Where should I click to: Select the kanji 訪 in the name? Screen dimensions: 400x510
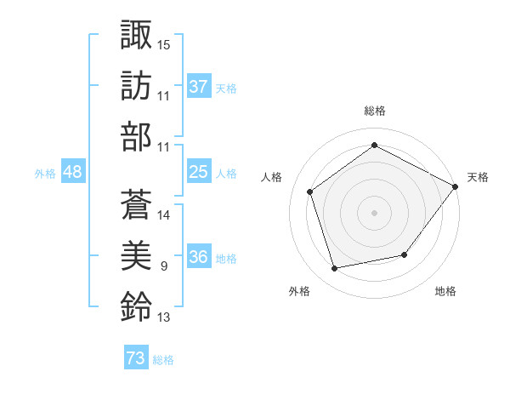(x=136, y=85)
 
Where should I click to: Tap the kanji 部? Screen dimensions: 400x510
(x=136, y=137)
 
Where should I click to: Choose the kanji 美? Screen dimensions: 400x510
(x=136, y=254)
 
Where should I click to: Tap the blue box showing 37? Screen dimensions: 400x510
(x=199, y=87)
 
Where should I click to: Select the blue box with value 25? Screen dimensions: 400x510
(x=199, y=172)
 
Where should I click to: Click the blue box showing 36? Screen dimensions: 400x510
(x=199, y=258)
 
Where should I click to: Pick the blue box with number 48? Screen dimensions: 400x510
(x=73, y=172)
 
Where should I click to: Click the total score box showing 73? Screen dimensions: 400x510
(x=136, y=359)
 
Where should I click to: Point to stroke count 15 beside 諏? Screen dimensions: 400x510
(x=164, y=43)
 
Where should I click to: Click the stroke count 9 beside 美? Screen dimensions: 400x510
(x=163, y=266)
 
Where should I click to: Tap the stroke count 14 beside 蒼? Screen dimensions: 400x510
(x=164, y=214)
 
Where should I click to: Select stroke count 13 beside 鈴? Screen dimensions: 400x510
(x=164, y=318)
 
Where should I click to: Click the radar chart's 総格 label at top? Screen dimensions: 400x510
(x=375, y=111)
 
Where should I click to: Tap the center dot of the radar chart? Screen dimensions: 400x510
(x=375, y=212)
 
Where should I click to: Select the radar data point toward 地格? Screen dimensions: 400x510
(x=405, y=254)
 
